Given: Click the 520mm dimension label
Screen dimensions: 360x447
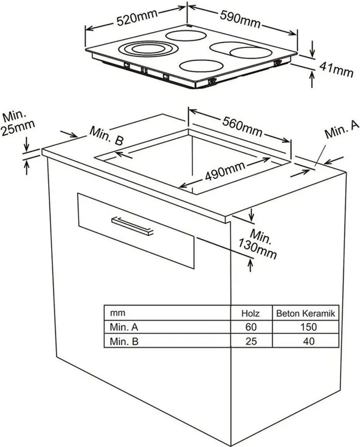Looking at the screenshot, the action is tap(138, 18).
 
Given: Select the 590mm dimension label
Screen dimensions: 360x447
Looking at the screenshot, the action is tap(240, 19).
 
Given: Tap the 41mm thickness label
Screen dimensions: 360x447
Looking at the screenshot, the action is tap(336, 70).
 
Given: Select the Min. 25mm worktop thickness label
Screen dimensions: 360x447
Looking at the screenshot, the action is tap(18, 123).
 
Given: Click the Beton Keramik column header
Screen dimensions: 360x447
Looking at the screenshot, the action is tap(305, 313).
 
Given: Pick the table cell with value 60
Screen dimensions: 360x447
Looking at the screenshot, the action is tap(251, 327).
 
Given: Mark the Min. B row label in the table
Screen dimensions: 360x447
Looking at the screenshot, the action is tap(124, 341).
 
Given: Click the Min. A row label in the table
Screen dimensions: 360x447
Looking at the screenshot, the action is tap(124, 327).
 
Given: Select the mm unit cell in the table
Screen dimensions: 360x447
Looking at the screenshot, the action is tap(118, 313).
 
